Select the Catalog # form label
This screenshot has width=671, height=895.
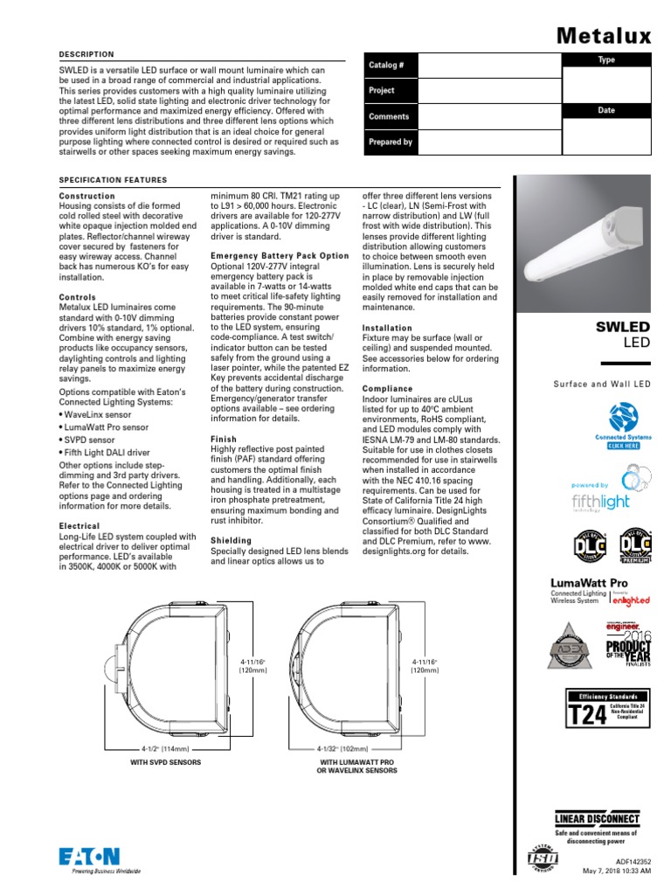tap(386, 66)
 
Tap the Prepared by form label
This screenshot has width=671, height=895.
tap(391, 142)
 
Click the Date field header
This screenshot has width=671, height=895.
tap(606, 111)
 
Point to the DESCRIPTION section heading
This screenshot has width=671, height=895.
tap(86, 54)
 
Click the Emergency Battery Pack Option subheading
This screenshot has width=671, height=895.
tap(280, 256)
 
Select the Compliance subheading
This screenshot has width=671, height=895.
tap(387, 389)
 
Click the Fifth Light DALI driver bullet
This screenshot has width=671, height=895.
tap(102, 453)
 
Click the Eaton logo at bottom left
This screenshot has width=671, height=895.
tap(89, 860)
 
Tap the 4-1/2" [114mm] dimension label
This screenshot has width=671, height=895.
tap(165, 749)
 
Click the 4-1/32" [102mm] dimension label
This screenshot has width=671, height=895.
tap(343, 749)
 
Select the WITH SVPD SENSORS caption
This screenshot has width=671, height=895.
tap(165, 763)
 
